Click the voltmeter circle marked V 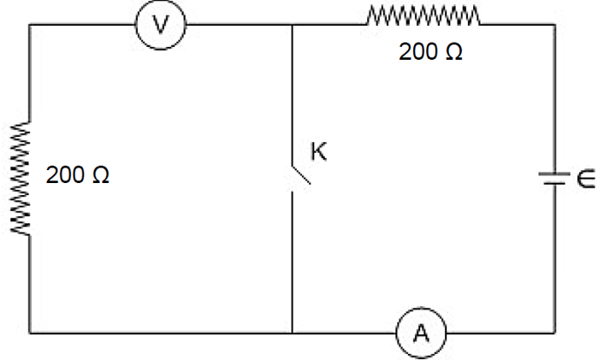[160, 26]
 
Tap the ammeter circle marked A [420, 333]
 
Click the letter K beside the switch [318, 152]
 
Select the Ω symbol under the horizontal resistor [454, 52]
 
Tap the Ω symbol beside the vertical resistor [100, 177]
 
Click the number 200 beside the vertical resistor [65, 177]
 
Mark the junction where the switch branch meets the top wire [293, 26]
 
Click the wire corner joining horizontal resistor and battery [554, 26]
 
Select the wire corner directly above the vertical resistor [29, 26]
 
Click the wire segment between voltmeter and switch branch [240, 26]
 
